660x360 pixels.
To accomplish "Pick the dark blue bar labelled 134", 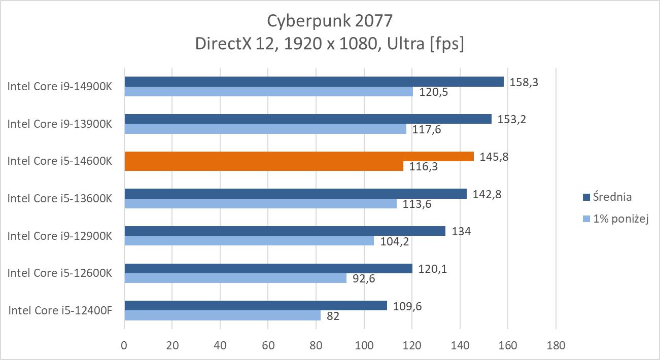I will (285, 231).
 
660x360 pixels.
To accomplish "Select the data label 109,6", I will (406, 306).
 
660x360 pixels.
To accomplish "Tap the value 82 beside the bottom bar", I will (333, 316).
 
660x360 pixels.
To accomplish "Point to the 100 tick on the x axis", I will (364, 346).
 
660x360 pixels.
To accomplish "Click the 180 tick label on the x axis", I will (556, 346).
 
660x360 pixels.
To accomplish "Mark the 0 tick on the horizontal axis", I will (124, 346).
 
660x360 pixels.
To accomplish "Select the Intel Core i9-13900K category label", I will (59, 124).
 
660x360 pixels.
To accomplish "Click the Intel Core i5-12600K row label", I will (59, 273).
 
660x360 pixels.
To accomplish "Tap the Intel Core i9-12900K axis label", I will (59, 236).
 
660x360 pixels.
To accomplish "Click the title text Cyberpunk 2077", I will (330, 21).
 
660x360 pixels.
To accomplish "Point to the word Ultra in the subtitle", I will (406, 44).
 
